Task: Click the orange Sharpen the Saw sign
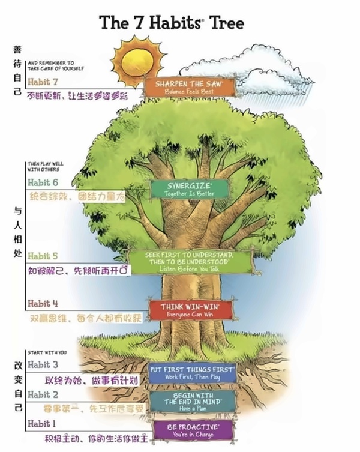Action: click(x=189, y=86)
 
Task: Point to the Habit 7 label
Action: click(x=43, y=82)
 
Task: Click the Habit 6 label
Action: click(x=43, y=182)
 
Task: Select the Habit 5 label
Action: click(x=43, y=256)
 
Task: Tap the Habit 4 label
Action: click(x=43, y=303)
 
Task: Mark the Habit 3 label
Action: click(x=43, y=364)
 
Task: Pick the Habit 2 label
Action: click(x=43, y=394)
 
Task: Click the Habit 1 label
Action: click(x=43, y=424)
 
